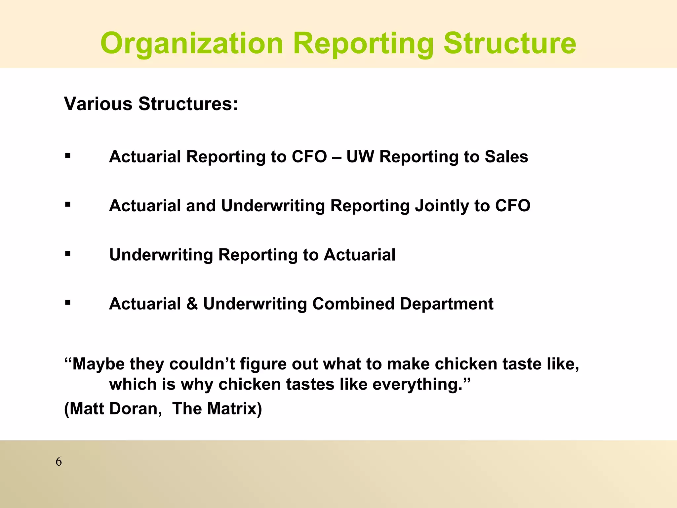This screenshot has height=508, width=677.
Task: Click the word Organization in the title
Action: point(192,44)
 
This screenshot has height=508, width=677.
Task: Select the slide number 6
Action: point(59,461)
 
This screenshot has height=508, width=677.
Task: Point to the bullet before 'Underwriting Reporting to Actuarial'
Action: point(68,254)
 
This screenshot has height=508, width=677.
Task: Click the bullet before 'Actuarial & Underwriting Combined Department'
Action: point(68,303)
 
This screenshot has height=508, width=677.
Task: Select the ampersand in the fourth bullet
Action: point(192,304)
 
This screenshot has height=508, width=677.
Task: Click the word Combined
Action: point(353,304)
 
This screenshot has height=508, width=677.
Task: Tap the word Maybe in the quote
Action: point(98,364)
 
